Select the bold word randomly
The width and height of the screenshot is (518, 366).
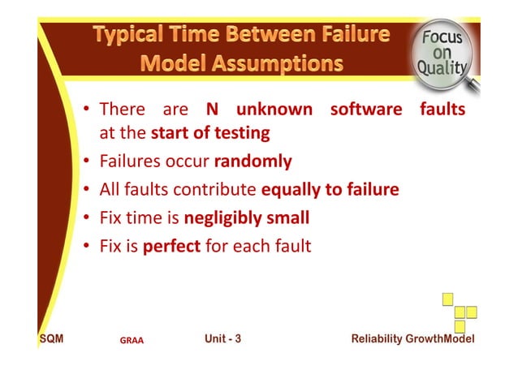click(253, 161)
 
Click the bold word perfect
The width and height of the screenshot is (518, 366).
click(171, 245)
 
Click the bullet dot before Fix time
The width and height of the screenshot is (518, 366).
click(85, 218)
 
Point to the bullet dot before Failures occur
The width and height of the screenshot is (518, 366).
click(85, 162)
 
